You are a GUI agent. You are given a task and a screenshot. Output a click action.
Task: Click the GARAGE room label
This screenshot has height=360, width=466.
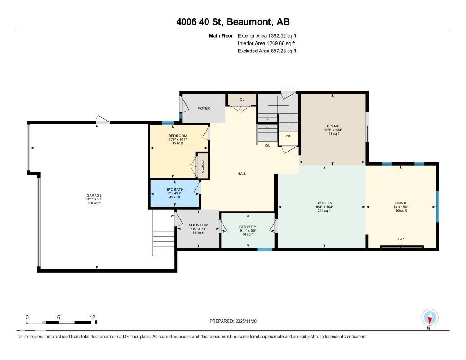click(x=94, y=195)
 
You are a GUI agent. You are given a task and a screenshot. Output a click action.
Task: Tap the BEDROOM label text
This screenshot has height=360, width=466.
click(x=177, y=136)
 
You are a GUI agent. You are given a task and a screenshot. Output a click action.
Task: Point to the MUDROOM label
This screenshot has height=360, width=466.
click(x=198, y=225)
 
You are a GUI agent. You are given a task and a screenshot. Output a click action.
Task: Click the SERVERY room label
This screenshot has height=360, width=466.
click(x=248, y=227)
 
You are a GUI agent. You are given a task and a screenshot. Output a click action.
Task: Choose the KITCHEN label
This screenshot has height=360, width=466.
click(x=324, y=203)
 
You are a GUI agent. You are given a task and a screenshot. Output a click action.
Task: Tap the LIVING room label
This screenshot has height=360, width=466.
click(x=400, y=203)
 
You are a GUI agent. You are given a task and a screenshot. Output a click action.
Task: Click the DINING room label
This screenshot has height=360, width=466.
click(x=333, y=126)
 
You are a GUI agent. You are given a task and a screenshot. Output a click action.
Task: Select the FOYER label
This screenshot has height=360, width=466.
click(x=203, y=108)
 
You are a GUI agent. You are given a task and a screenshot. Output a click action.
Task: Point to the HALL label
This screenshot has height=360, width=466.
click(x=242, y=173)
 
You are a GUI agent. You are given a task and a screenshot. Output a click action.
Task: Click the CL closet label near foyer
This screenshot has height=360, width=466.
click(x=242, y=99)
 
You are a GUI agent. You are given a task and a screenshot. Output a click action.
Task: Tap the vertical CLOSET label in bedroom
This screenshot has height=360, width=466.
click(x=203, y=167)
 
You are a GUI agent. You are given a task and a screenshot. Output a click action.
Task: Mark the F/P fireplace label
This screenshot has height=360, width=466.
click(x=401, y=238)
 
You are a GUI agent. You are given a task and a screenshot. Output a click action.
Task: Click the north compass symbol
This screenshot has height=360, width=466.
click(x=430, y=318)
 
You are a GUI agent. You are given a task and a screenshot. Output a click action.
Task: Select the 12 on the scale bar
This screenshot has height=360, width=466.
click(x=92, y=317)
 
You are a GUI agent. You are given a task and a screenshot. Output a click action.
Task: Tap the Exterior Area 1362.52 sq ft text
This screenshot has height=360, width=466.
click(x=267, y=35)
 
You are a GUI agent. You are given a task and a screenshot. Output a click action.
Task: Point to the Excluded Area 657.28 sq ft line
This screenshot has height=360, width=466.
click(x=267, y=51)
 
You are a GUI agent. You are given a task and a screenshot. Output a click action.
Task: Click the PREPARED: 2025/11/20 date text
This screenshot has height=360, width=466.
click(x=236, y=321)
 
